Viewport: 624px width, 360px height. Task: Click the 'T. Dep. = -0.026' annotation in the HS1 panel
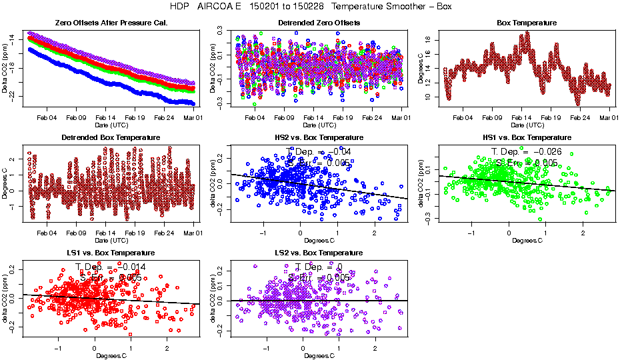[x=527, y=151]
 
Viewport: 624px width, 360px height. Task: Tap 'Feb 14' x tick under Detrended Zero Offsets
[x=313, y=117]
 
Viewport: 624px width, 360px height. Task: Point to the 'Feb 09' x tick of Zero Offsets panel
[x=77, y=117]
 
